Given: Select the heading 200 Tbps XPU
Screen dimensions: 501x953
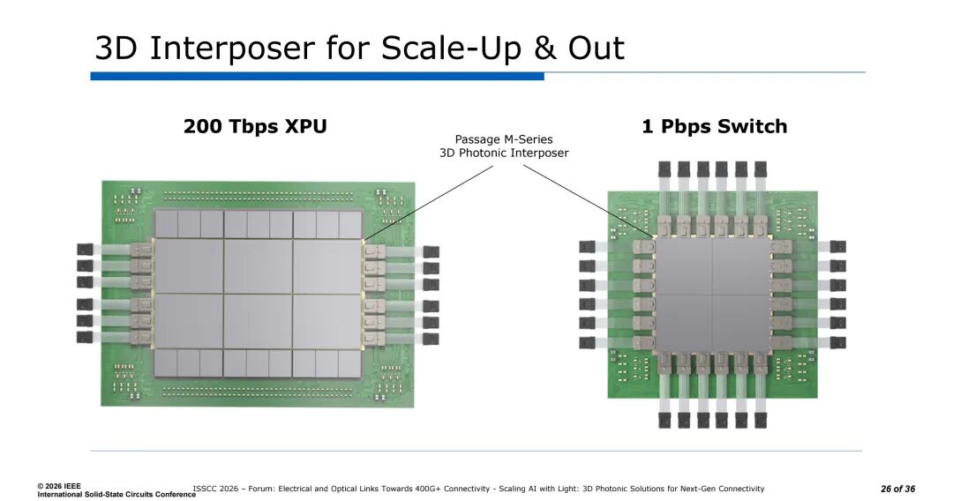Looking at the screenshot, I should click(255, 126).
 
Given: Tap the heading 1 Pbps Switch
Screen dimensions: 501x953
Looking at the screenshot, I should click(714, 126).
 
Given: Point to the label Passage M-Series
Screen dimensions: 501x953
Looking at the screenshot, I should click(504, 138).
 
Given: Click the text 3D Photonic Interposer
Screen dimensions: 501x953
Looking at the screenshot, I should click(504, 153).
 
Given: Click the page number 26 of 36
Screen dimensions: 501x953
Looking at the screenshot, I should click(897, 489).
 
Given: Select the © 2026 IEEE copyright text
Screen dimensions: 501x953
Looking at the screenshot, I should click(59, 485).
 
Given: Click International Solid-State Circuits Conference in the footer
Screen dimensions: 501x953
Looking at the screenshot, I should click(116, 494).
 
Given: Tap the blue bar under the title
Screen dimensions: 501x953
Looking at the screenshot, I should click(317, 77).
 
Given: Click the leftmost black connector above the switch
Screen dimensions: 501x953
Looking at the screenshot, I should click(665, 168).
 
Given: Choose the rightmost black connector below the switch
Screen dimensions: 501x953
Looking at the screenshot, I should click(761, 420).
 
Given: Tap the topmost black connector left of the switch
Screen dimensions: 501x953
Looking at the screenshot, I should click(587, 247).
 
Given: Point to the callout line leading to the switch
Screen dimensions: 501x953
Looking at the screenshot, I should click(587, 200).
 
